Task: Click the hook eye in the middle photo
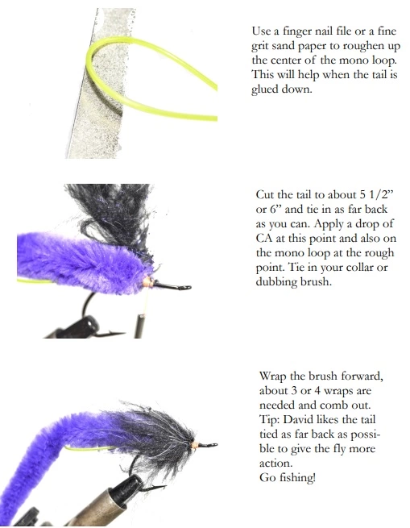(x=185, y=287)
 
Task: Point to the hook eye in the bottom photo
(x=212, y=445)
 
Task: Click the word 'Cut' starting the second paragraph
(x=265, y=195)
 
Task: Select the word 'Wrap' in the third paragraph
(x=274, y=376)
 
